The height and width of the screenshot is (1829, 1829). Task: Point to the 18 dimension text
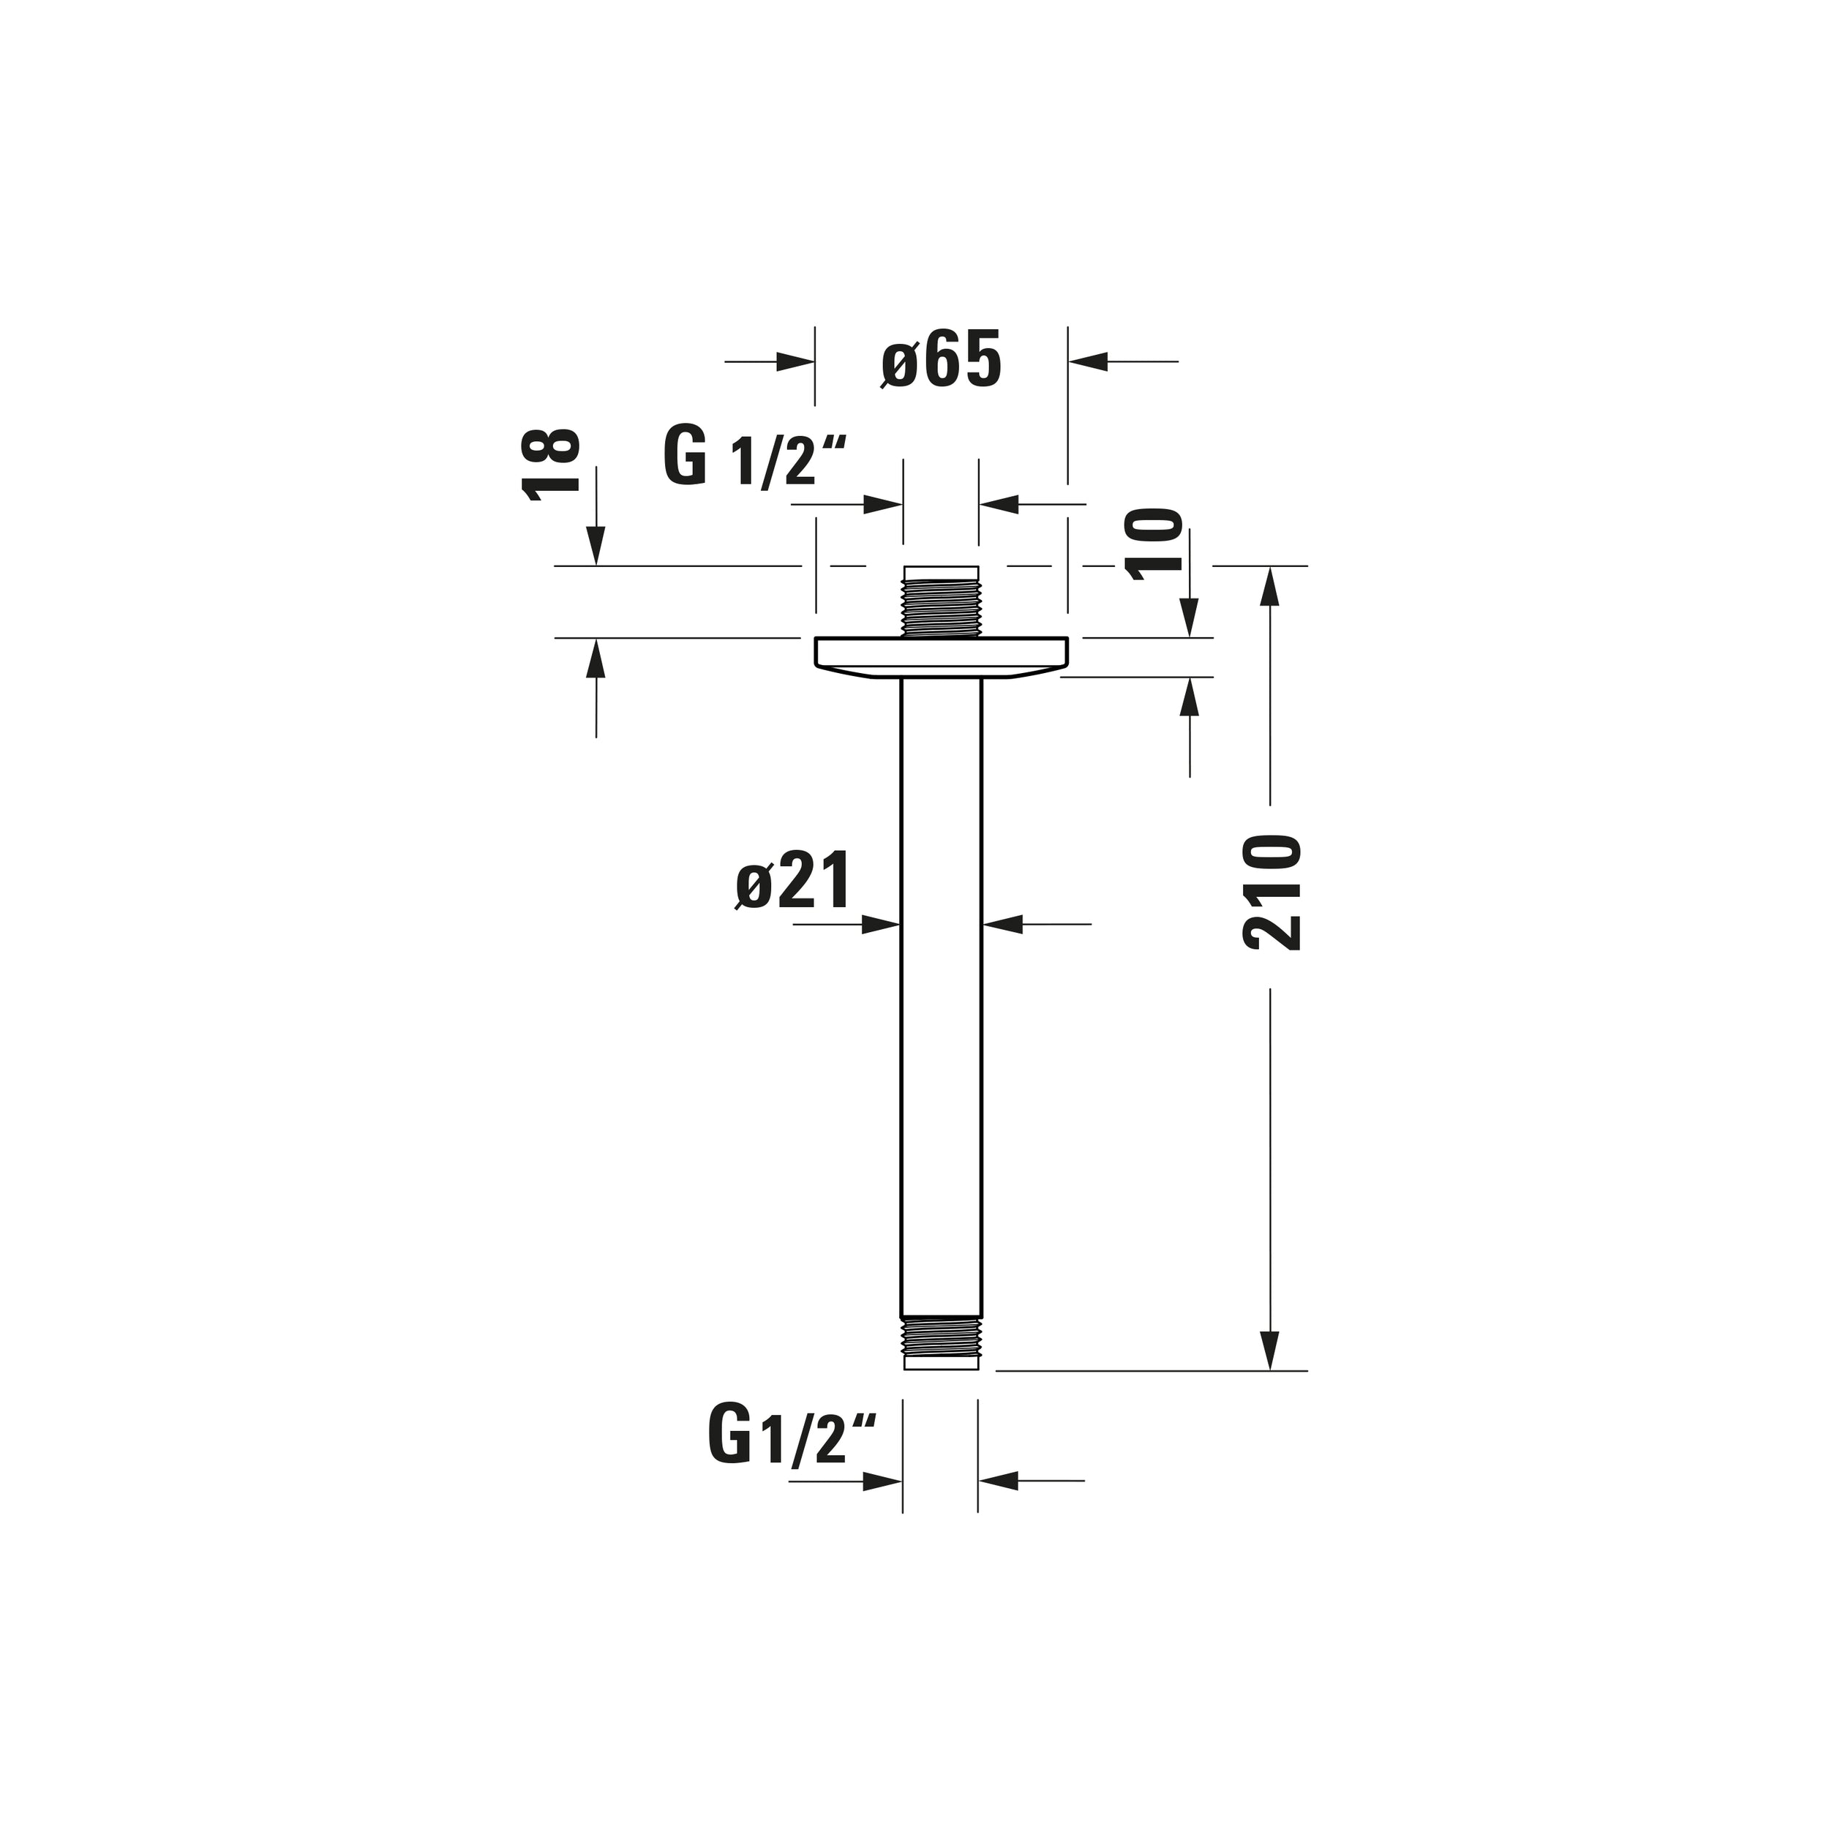550,463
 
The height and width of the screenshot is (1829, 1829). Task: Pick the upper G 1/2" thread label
753,457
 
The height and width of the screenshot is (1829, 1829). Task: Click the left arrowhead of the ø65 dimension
795,361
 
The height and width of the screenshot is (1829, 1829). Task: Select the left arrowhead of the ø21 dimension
880,924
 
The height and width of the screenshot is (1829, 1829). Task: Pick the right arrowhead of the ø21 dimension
1004,924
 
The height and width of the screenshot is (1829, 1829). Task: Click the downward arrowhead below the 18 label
596,547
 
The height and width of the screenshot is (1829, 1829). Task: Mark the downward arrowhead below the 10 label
1191,619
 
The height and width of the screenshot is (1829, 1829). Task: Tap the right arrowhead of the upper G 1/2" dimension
999,505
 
